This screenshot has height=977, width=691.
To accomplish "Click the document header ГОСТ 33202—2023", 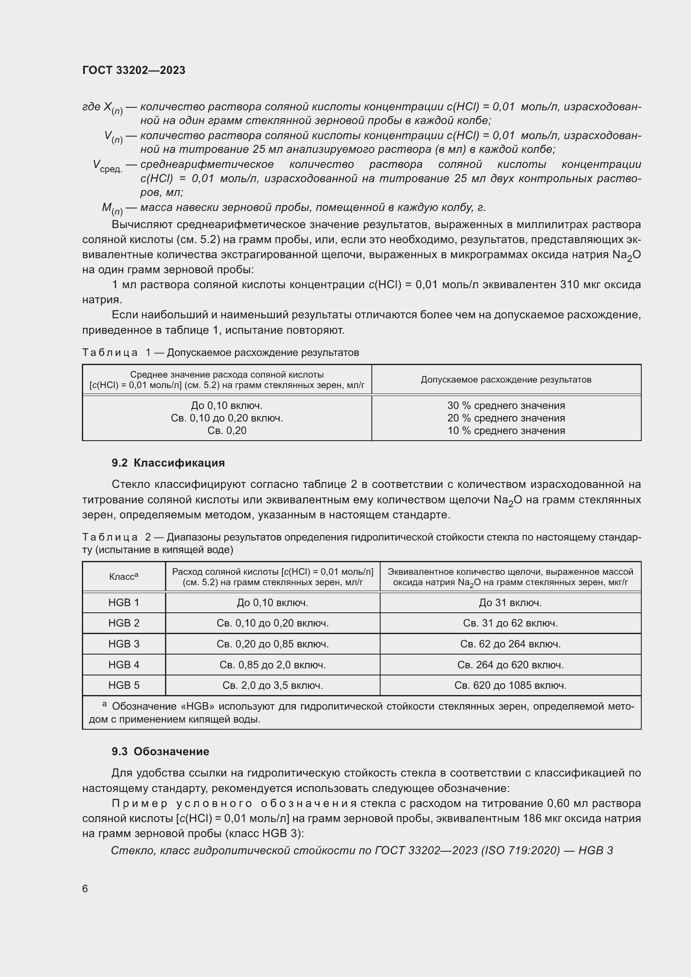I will pyautogui.click(x=134, y=70).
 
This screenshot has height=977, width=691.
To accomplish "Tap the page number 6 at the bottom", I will pyautogui.click(x=85, y=888).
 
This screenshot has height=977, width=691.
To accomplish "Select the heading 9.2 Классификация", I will pyautogui.click(x=168, y=462).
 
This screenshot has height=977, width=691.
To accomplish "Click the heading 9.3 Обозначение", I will pyautogui.click(x=160, y=751).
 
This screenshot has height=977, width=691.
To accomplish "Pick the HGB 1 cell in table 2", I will pyautogui.click(x=124, y=603).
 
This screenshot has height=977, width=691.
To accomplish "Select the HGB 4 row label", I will pyautogui.click(x=124, y=665).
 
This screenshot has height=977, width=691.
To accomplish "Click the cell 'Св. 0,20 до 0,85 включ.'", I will pyautogui.click(x=272, y=644).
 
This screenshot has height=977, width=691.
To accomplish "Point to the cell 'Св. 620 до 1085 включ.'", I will pyautogui.click(x=510, y=685).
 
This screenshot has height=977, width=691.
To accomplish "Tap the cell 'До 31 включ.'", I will pyautogui.click(x=510, y=603).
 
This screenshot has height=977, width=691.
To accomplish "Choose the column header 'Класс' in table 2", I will pyautogui.click(x=123, y=576).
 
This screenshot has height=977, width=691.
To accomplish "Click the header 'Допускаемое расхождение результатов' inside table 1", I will pyautogui.click(x=506, y=380).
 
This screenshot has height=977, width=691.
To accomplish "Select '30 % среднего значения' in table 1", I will pyautogui.click(x=506, y=406).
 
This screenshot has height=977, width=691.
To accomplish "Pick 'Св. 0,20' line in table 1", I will pyautogui.click(x=227, y=431).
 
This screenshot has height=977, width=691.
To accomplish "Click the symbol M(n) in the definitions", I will pyautogui.click(x=112, y=208).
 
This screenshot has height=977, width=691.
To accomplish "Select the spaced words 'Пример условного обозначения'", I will pyautogui.click(x=234, y=803).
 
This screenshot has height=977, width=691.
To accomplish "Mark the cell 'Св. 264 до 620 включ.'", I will pyautogui.click(x=510, y=665).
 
